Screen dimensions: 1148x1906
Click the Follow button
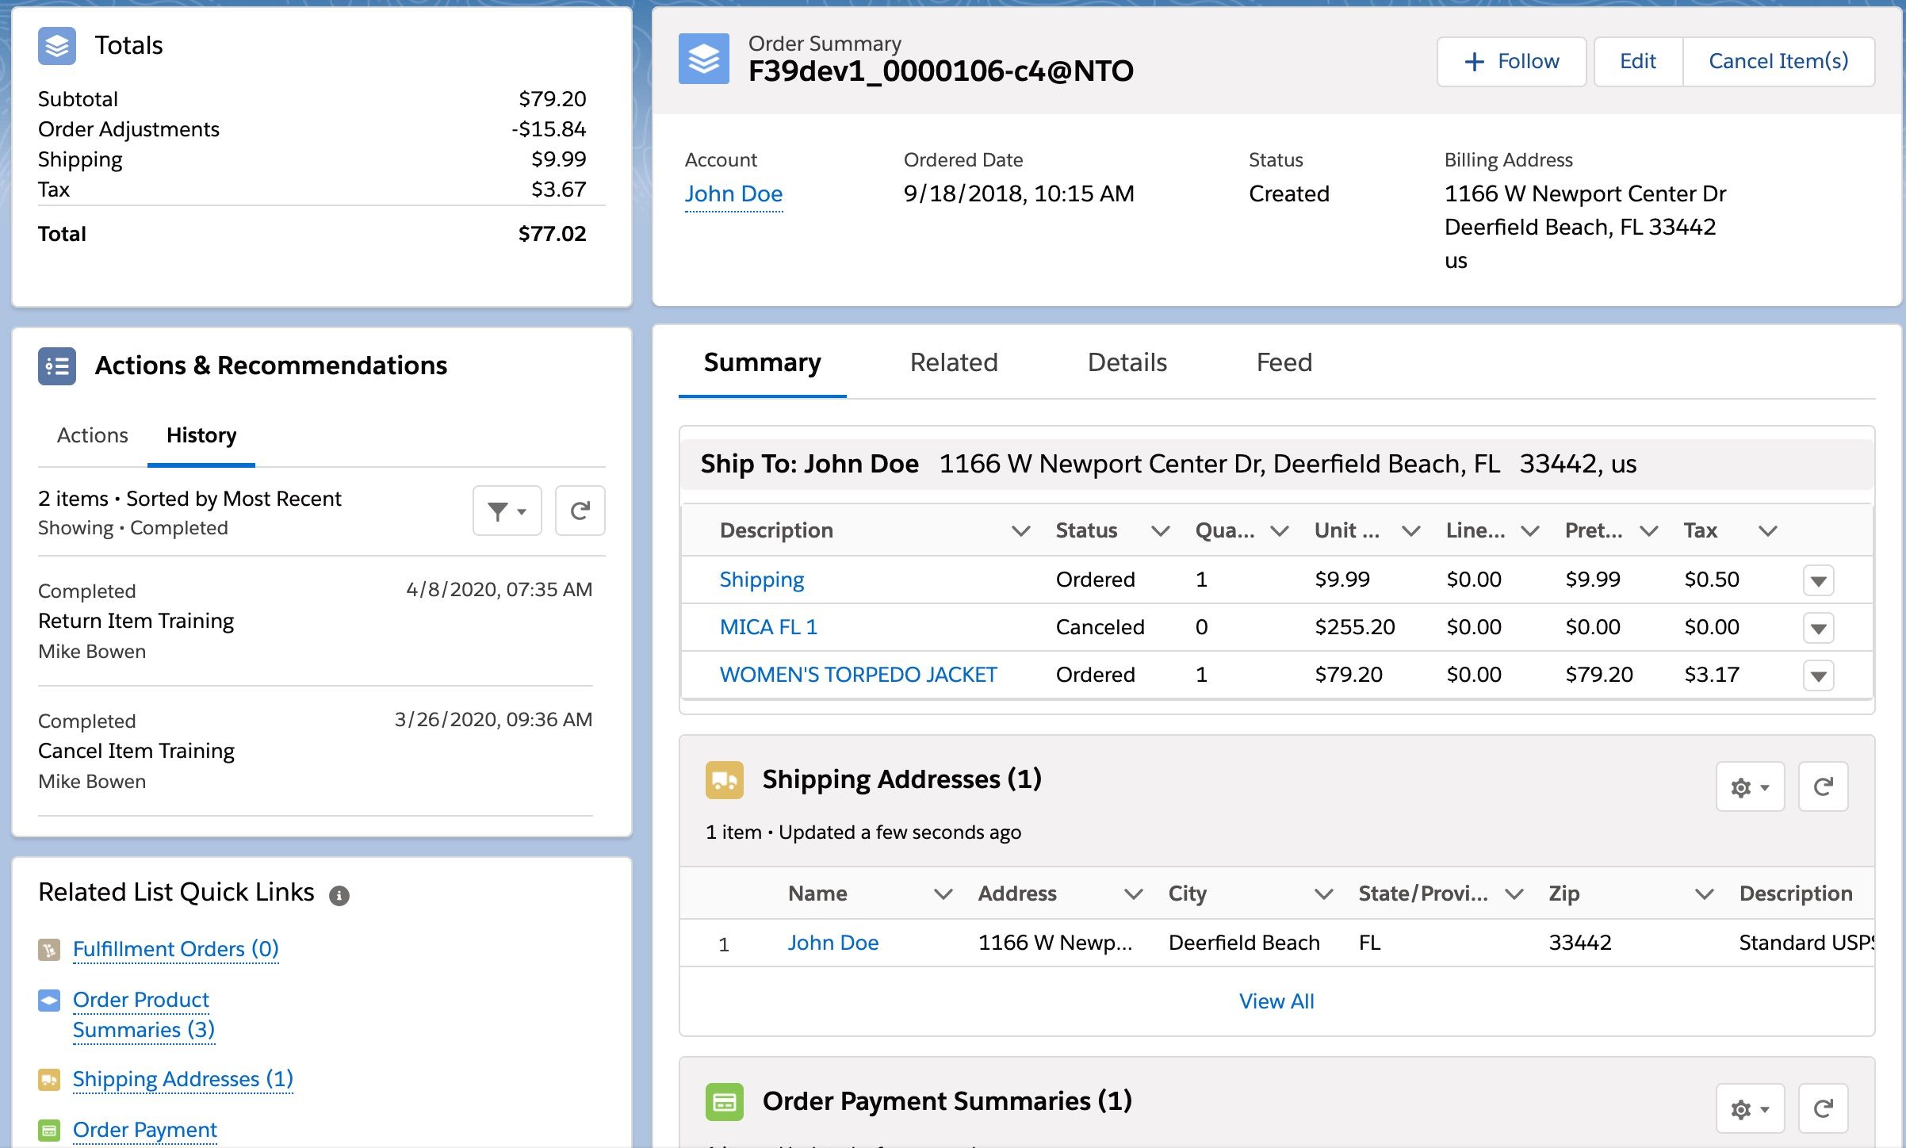point(1511,61)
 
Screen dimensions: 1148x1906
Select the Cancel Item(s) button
point(1778,61)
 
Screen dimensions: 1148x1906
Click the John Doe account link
point(733,194)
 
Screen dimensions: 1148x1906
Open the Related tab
point(953,362)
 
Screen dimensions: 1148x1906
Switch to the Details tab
point(1127,362)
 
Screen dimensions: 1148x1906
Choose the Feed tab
point(1284,362)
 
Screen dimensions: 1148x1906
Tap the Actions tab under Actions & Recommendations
point(92,435)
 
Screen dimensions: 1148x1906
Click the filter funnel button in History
point(507,511)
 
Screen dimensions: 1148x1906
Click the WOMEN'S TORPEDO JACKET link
point(858,675)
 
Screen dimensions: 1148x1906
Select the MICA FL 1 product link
point(767,627)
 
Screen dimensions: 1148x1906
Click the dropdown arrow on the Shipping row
point(1818,580)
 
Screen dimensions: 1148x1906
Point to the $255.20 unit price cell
point(1354,627)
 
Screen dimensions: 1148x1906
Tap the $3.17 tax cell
point(1711,675)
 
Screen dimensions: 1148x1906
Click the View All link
point(1276,1001)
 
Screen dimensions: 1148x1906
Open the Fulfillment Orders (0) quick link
point(175,949)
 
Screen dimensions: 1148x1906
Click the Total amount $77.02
point(552,234)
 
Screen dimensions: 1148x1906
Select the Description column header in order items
point(776,530)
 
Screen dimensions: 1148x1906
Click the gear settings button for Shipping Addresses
point(1749,787)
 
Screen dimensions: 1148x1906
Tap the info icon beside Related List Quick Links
point(339,896)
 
